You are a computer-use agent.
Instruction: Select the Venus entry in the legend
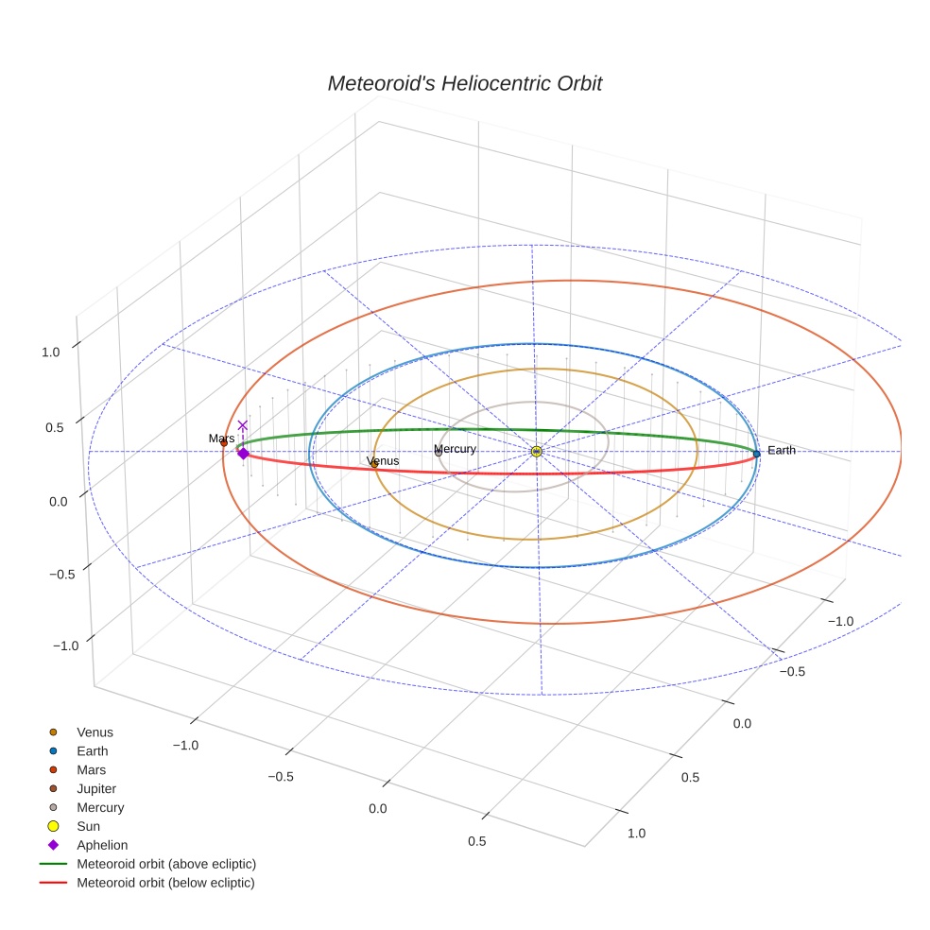(95, 732)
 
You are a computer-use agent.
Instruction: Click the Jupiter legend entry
(96, 789)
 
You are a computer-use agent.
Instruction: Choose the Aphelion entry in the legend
(102, 846)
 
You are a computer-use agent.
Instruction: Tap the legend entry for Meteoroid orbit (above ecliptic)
(165, 865)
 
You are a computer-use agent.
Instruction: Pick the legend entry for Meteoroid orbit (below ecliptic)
(165, 884)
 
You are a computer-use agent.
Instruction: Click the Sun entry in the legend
(88, 827)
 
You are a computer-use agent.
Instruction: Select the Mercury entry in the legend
(100, 808)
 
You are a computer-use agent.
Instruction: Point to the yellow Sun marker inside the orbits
(537, 452)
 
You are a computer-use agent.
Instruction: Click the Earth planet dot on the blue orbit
(756, 454)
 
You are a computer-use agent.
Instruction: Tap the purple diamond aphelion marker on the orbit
(243, 454)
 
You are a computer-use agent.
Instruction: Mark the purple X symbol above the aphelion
(243, 425)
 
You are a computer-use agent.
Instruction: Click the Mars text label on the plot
(221, 439)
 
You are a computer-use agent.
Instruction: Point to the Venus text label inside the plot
(383, 461)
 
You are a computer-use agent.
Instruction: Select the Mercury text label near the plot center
(455, 449)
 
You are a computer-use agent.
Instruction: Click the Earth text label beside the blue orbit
(782, 451)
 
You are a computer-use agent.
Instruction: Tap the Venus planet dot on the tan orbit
(374, 464)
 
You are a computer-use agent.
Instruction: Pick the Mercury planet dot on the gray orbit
(439, 453)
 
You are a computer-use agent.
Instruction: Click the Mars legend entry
(91, 770)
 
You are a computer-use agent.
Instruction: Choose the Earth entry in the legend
(93, 751)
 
